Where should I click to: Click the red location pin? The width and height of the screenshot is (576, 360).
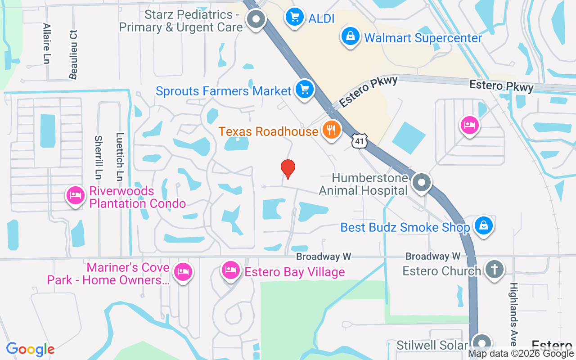coord(288,168)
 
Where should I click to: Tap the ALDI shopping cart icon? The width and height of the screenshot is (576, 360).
coord(295,18)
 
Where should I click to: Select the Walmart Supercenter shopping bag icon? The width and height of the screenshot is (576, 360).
coord(350,36)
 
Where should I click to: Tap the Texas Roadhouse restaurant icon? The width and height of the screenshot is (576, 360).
coord(332,130)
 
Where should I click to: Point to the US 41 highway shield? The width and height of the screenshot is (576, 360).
coord(360,141)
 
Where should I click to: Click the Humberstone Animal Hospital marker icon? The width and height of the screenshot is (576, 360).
coord(422,183)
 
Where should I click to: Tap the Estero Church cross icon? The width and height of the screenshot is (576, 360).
coord(494,270)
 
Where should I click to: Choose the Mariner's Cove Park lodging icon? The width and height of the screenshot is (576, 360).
coord(183,272)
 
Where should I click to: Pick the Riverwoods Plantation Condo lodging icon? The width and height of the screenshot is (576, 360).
coord(75,195)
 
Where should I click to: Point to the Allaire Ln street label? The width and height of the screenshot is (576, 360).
coord(46,44)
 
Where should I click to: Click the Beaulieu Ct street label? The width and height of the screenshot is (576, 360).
coord(73,54)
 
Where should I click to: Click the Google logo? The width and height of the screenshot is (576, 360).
coord(30,349)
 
